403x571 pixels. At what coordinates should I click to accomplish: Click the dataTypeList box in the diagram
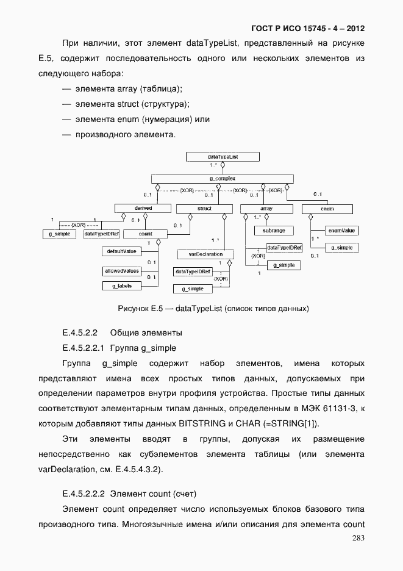tap(222, 157)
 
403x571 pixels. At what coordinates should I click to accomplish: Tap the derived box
tap(143, 208)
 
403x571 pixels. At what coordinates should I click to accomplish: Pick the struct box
tap(204, 208)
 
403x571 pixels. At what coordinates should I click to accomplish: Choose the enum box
tap(327, 209)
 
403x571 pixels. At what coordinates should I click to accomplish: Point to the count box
tap(145, 234)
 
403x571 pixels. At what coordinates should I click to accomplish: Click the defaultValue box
tap(121, 251)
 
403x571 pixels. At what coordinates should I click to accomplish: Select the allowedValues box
tap(121, 270)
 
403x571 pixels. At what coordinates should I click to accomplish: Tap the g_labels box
tap(121, 285)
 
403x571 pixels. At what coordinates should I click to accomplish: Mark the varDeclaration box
tap(201, 254)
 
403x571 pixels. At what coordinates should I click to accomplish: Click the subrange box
tap(274, 231)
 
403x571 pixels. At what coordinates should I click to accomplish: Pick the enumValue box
tap(341, 231)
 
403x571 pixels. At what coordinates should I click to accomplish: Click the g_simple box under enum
tap(341, 248)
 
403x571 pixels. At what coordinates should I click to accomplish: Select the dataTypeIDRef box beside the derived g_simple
tap(101, 234)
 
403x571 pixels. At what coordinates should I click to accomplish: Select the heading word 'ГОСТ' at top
tap(262, 28)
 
